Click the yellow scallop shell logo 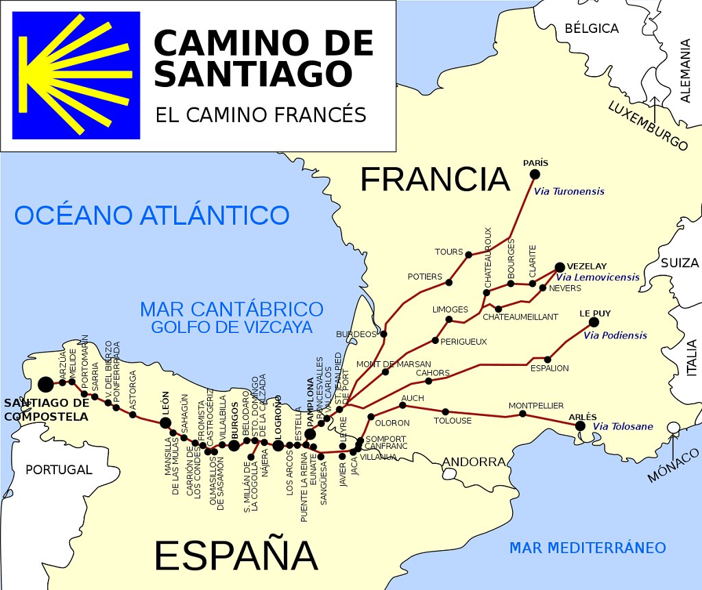75,75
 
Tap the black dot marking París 535,174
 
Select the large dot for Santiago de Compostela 46,384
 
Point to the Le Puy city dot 594,322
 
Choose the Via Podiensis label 615,335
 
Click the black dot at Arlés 580,426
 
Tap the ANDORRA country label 474,462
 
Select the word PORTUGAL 58,470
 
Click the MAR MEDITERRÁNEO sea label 588,548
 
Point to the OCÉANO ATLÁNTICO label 152,215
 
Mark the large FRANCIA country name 435,180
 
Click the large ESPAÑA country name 235,555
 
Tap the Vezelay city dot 559,267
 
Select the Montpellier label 536,406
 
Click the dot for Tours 468,255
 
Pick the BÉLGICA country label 592,29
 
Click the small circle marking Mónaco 674,428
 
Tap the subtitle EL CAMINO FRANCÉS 261,114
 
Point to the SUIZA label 680,263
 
